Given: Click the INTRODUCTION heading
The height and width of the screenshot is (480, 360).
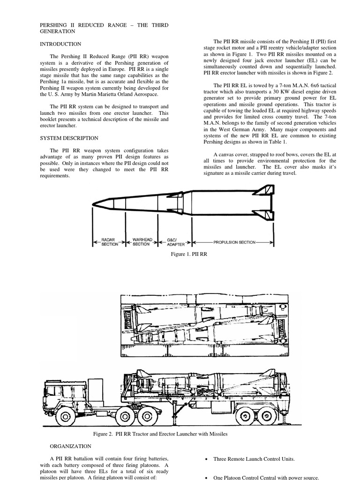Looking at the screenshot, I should point(60,44).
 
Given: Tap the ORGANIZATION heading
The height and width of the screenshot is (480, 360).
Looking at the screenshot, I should point(70,446).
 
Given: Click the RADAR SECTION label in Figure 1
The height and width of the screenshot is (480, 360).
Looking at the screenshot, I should point(108,241).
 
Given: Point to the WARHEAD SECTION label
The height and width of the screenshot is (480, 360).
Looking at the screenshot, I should point(141,241).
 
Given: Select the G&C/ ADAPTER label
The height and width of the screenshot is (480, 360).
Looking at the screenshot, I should point(175,241).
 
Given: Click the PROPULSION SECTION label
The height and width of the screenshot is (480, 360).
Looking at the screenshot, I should point(234,242).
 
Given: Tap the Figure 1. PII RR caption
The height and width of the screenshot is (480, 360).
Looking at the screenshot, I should point(190,254).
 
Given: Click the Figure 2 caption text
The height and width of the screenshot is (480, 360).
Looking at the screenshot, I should point(160,434).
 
